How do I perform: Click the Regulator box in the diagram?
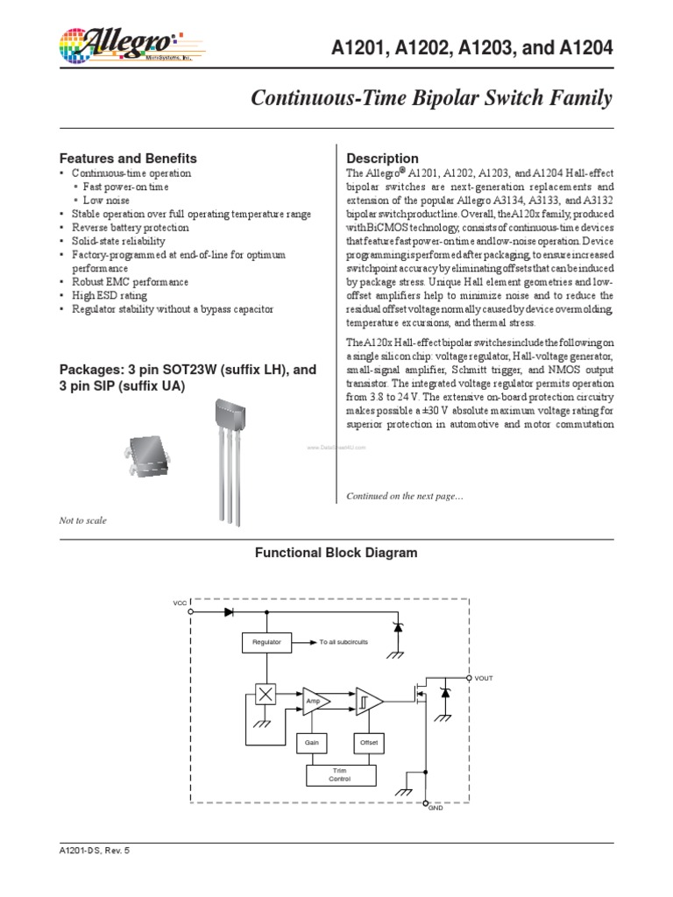click(x=266, y=642)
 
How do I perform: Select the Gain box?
click(x=311, y=742)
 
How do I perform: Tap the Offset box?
click(x=368, y=742)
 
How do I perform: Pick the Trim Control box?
click(x=341, y=774)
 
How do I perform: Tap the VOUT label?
click(x=485, y=678)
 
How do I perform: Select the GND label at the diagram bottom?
click(x=436, y=807)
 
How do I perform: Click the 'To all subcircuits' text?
click(x=344, y=642)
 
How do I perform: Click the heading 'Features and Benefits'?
click(x=128, y=159)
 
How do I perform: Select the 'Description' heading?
click(x=383, y=159)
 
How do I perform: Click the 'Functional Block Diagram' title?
click(x=336, y=553)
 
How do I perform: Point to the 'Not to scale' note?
click(x=82, y=520)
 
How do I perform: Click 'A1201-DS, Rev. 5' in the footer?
click(x=93, y=851)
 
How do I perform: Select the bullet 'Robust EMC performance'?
click(x=130, y=282)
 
